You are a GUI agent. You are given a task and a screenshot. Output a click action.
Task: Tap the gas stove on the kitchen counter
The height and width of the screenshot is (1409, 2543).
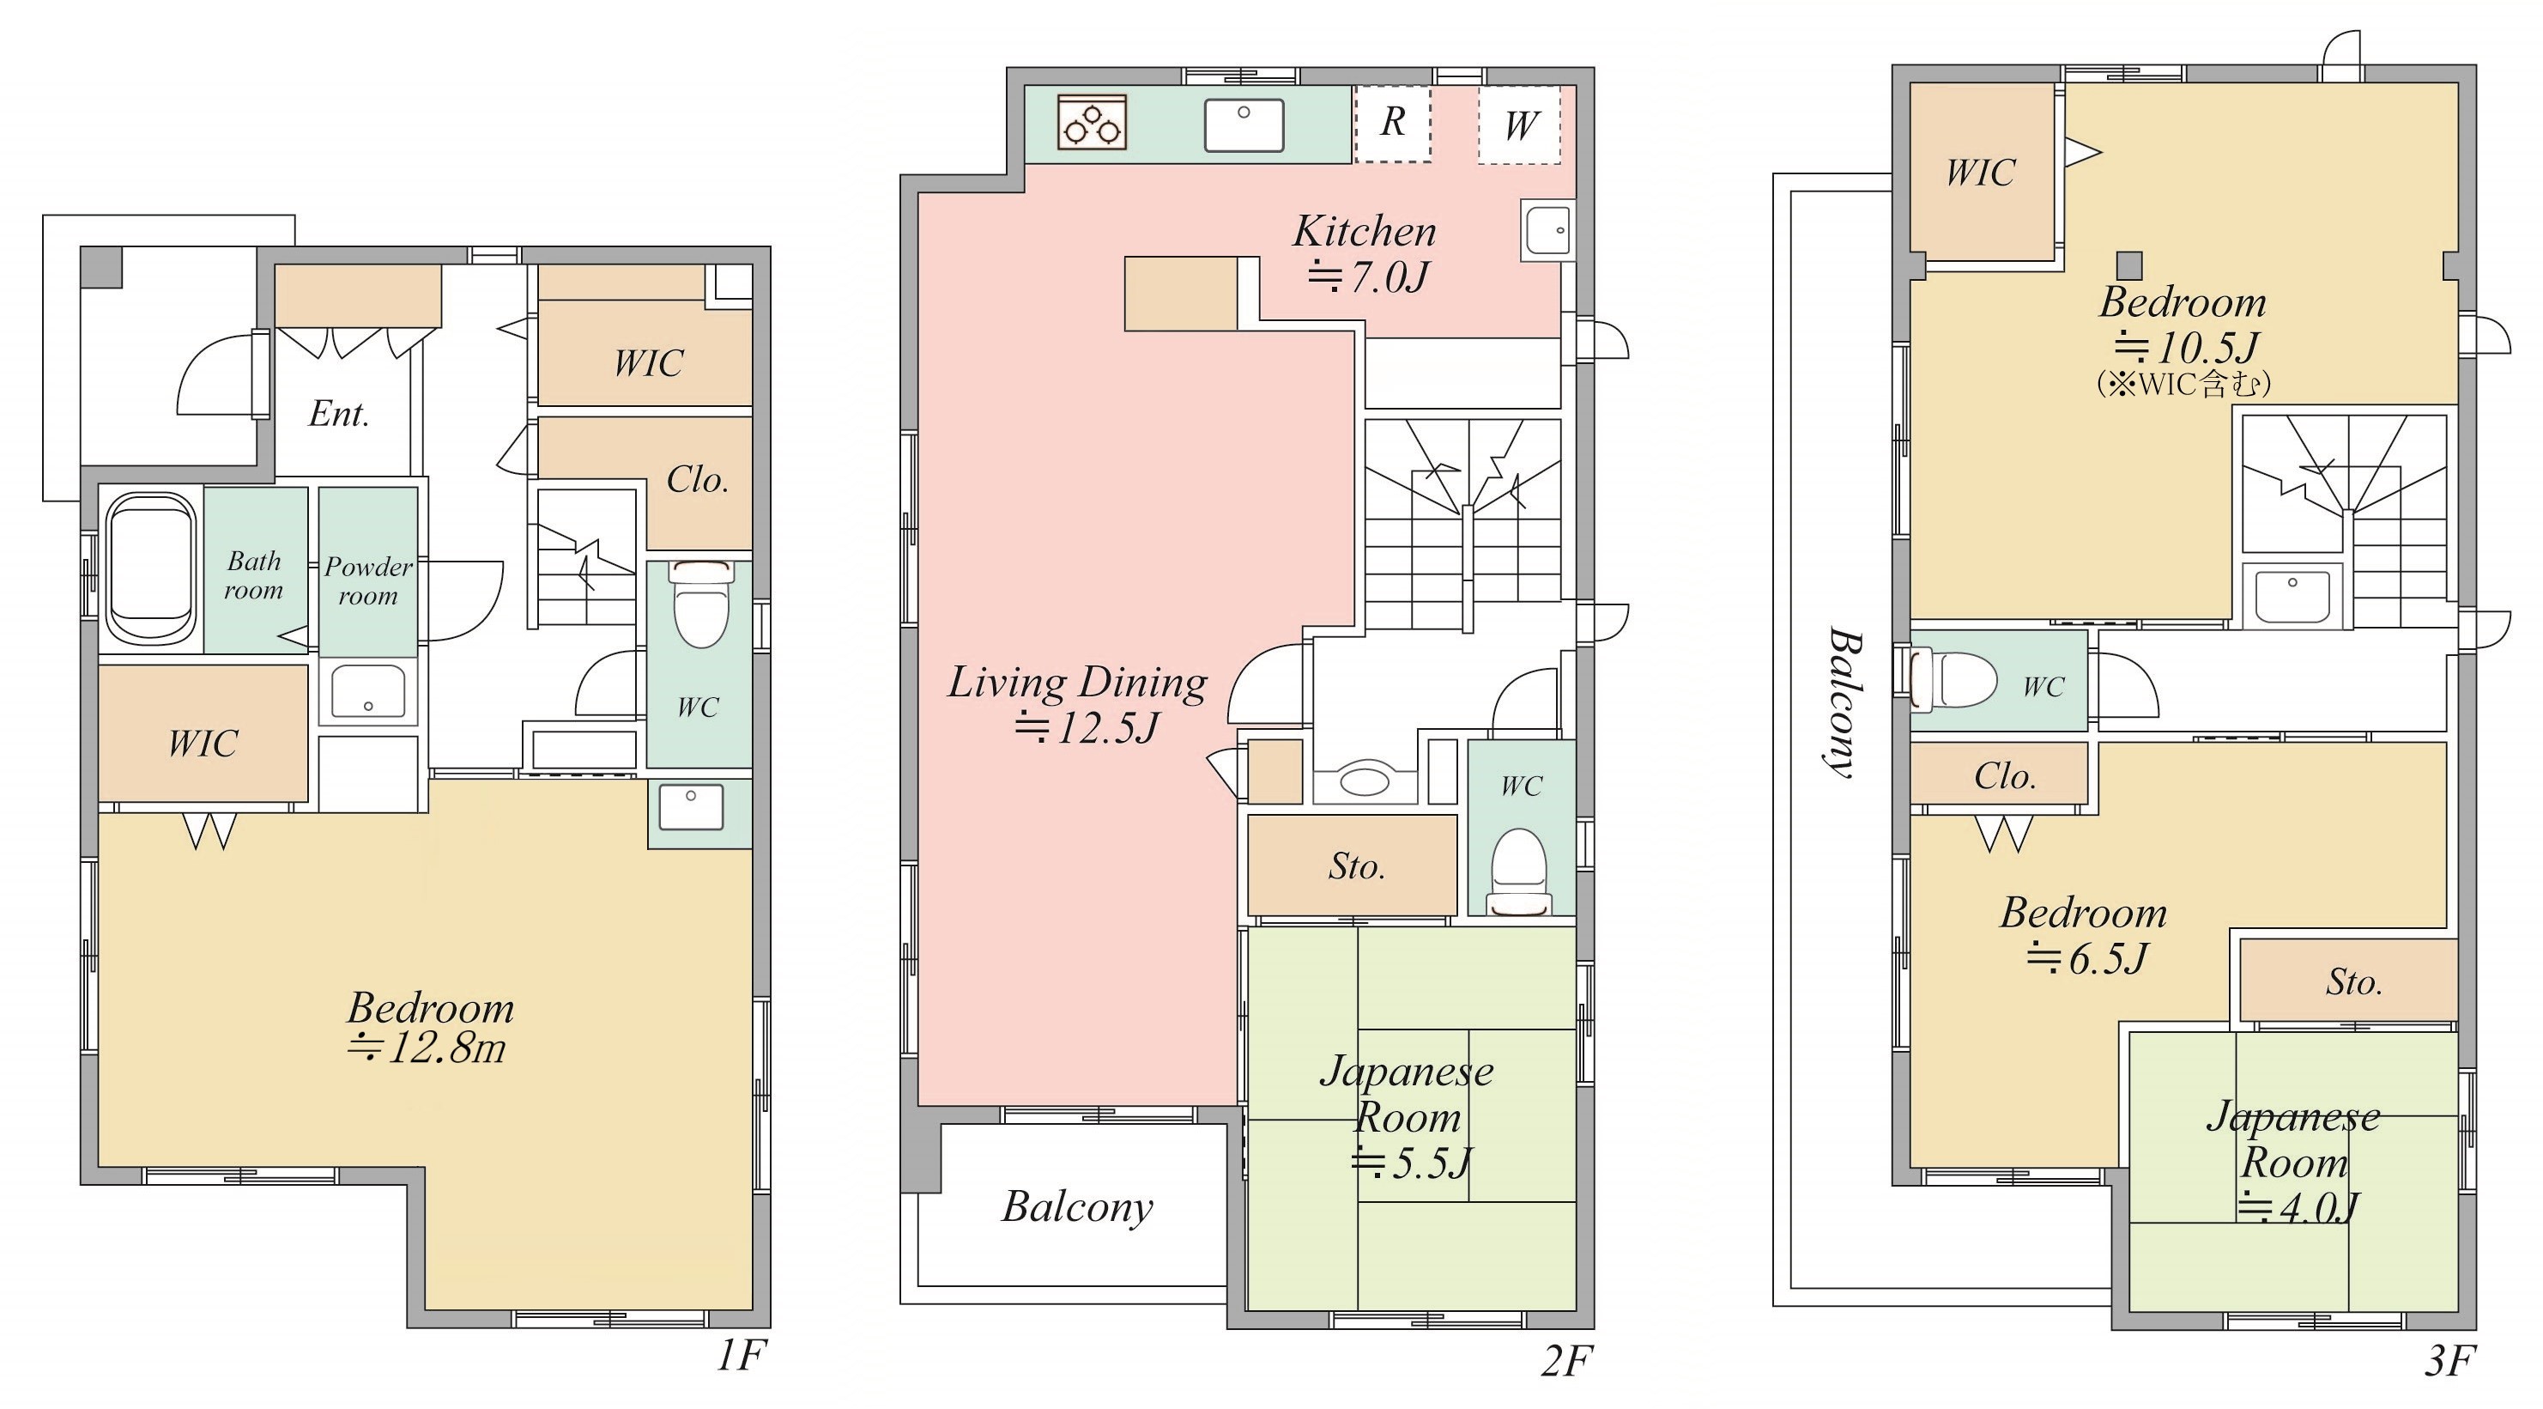[1092, 123]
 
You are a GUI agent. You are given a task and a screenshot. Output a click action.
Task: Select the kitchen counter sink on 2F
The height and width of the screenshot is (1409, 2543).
[1244, 125]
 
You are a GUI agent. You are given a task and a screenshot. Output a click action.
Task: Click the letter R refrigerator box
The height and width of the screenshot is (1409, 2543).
[1393, 124]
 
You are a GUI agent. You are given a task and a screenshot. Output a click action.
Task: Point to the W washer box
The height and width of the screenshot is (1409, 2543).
[1520, 125]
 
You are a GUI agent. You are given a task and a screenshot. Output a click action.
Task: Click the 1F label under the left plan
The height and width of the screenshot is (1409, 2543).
[742, 1356]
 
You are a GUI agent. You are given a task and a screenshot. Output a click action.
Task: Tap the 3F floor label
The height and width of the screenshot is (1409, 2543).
[2449, 1362]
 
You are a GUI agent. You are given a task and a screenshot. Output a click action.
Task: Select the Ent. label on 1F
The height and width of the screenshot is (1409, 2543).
[339, 414]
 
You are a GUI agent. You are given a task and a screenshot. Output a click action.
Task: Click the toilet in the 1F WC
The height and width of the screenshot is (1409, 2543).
[701, 602]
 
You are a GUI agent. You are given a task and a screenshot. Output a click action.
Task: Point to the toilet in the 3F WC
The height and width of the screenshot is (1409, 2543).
[1953, 679]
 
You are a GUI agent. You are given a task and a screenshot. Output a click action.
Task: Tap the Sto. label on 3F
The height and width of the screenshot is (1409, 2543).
[2354, 981]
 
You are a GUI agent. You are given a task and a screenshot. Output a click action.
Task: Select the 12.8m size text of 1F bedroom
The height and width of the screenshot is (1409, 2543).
[427, 1048]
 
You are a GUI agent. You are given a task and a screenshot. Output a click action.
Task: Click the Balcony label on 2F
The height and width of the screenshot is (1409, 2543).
[1078, 1206]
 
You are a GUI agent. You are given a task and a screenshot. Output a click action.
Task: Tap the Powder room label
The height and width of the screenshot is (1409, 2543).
[368, 580]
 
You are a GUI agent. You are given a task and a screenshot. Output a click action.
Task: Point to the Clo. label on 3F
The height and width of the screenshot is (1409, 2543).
[2005, 776]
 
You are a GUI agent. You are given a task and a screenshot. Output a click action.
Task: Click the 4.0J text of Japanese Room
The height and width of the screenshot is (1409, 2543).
[2298, 1207]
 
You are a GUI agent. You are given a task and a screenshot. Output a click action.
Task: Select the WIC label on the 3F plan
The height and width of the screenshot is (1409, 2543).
[1980, 173]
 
